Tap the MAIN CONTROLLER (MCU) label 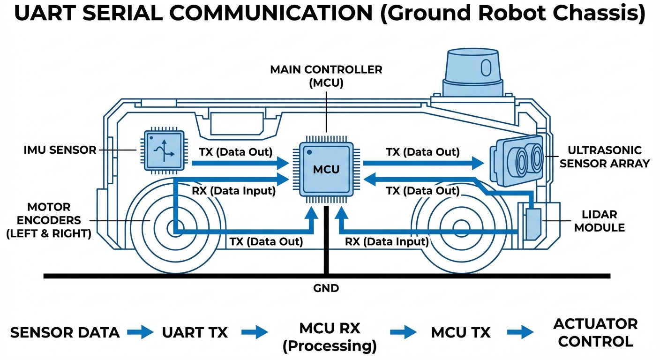click(326, 76)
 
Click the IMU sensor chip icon click(163, 150)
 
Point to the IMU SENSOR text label click(60, 150)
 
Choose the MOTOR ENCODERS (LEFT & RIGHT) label click(49, 220)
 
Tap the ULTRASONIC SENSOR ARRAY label click(605, 157)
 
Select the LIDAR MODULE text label click(600, 221)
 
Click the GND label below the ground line click(326, 288)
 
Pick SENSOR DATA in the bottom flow click(65, 333)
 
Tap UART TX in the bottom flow click(195, 333)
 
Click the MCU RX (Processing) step click(330, 337)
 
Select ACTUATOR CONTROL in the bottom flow click(595, 332)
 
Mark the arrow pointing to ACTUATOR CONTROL click(520, 333)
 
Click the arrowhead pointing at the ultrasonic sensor click(478, 163)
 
